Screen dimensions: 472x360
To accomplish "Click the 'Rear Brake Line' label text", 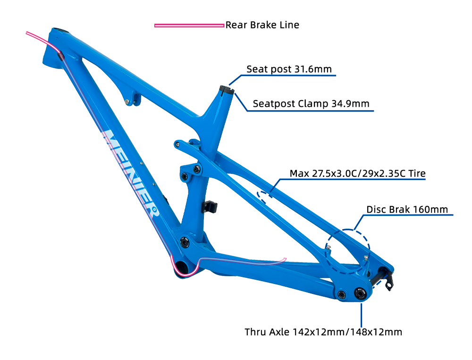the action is tap(262, 25).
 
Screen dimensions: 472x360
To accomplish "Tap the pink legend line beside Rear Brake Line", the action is tap(189, 26).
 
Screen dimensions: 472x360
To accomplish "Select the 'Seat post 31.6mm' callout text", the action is tap(289, 69).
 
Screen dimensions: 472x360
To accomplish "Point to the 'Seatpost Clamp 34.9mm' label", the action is tap(311, 103).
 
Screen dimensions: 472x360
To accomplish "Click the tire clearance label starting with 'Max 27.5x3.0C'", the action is tap(358, 173).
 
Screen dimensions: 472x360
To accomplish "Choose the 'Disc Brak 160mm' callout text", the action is tap(407, 209).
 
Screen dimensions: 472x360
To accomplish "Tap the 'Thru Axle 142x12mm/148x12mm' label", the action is tap(323, 332).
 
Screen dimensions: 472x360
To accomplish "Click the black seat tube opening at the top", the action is tap(227, 90).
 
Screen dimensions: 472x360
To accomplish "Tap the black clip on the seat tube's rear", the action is tap(210, 206).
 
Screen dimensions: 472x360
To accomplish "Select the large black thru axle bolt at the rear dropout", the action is tap(360, 293).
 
